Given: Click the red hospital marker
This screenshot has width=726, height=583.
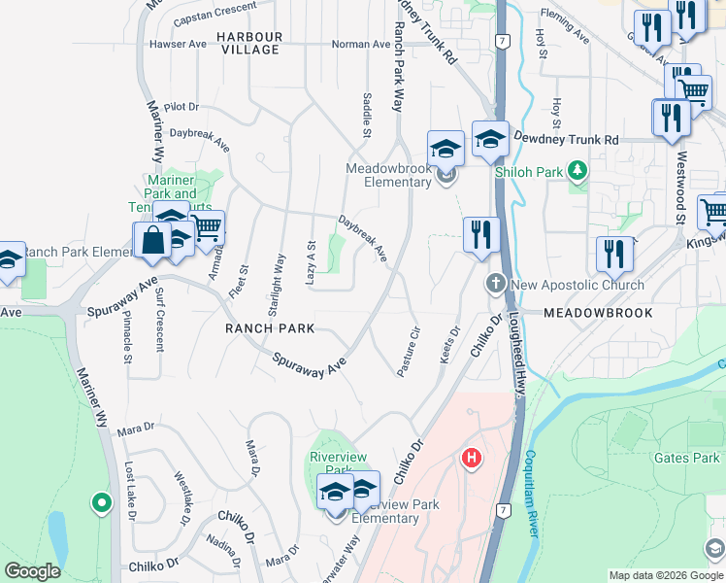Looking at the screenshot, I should coord(472,457).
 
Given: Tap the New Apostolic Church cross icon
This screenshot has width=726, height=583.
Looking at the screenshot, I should coord(495,285).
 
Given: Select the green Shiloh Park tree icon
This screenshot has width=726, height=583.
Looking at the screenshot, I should coord(578,172).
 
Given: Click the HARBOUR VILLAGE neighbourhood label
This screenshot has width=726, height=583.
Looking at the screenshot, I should coord(249,43).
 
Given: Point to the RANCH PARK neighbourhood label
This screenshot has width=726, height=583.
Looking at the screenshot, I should coord(270,328).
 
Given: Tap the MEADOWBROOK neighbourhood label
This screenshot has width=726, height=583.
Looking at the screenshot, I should coord(598,313).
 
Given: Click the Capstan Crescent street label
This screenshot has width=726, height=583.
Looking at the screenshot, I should coord(214,15).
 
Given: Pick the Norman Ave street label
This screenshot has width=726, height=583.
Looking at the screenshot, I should coord(361,44).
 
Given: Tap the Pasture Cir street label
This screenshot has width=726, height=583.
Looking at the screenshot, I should coord(408,351).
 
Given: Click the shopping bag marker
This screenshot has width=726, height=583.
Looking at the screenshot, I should coord(152,240).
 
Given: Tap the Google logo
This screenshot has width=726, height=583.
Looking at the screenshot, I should coord(32,570).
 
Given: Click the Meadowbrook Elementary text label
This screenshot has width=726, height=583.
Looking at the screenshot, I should coord(388,175).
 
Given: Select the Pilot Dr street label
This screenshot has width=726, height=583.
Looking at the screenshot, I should coord(181,106).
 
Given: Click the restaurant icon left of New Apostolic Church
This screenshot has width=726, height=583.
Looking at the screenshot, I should coord(480,234).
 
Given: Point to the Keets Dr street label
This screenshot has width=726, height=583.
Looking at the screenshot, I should coord(449,345).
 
